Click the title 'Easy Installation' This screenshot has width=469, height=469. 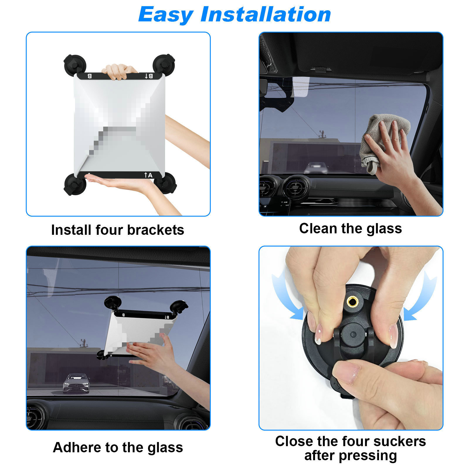(235, 15)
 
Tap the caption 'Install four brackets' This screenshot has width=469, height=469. (118, 230)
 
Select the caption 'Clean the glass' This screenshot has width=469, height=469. (350, 228)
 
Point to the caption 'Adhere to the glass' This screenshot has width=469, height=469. (118, 447)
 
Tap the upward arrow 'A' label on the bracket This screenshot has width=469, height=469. (148, 175)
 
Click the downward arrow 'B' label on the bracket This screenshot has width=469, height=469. (149, 76)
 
